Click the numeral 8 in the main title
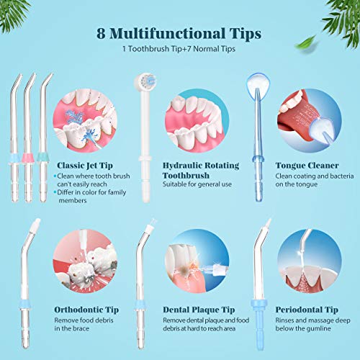coord(101,33)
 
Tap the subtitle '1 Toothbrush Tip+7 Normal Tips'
coord(179,49)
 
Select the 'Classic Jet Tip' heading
coord(85,166)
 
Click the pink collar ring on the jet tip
coord(28,158)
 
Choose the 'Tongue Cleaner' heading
coord(307,166)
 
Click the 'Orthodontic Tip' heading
coord(86,310)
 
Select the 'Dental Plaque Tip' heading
coord(199,310)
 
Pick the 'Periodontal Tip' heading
coord(307,310)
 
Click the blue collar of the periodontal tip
coord(258,304)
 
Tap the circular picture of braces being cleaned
coord(85,261)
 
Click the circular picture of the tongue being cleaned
coord(310,121)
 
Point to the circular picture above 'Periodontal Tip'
coord(310,261)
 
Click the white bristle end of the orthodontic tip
coord(36,223)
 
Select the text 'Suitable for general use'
coord(197,184)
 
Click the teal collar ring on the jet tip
coord(42,158)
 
